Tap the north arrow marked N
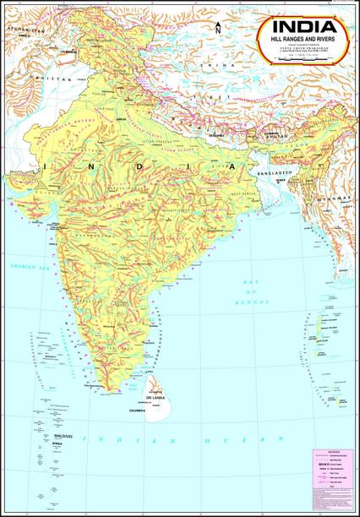tap(218, 28)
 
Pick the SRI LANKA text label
tap(154, 396)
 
